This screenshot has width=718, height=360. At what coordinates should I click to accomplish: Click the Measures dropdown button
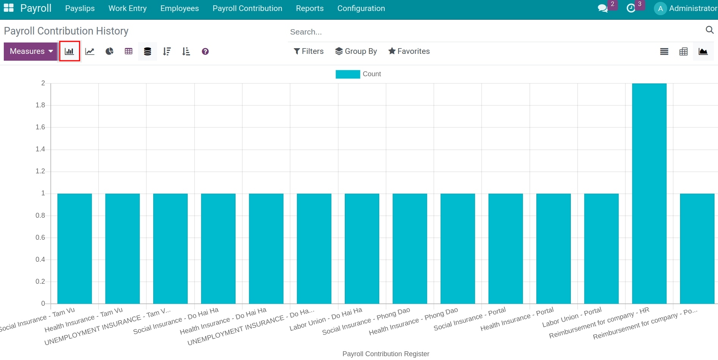30,51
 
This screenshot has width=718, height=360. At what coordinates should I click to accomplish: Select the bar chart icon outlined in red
69,51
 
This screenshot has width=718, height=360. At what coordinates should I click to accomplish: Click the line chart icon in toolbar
90,51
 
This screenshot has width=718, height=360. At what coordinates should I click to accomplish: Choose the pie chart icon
110,51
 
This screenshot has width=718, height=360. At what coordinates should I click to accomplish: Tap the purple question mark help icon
205,52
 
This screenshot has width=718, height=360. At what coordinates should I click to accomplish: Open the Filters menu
308,51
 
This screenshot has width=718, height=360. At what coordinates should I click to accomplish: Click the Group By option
356,51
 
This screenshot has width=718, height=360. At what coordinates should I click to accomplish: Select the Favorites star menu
409,51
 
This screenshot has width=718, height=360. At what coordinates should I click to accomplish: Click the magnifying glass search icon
709,30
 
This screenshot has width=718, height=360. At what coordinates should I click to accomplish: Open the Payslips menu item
80,8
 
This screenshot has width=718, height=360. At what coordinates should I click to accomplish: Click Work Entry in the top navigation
127,8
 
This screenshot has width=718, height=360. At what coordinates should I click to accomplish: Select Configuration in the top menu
361,8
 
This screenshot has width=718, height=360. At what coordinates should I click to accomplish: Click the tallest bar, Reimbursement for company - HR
649,193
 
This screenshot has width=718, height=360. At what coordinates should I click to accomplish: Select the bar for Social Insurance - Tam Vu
74,248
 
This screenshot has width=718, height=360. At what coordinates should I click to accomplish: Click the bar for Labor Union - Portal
601,248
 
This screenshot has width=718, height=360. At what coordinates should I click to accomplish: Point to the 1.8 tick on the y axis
40,105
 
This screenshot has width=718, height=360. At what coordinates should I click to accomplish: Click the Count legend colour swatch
347,74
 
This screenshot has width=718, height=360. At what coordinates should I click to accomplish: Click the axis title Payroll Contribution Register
386,354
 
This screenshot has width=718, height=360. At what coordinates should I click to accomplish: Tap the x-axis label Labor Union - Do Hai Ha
326,319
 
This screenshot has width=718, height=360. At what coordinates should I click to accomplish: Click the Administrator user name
693,8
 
